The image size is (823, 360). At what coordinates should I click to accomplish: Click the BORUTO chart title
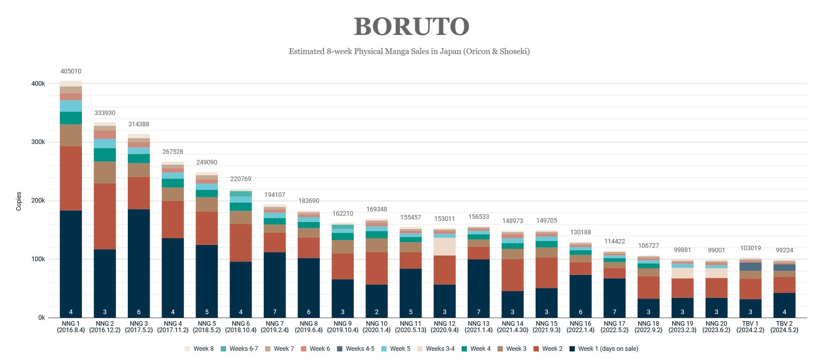point(411,27)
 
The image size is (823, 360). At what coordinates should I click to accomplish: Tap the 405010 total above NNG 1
point(71,72)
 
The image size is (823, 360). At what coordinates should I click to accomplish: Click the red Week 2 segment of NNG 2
point(104,216)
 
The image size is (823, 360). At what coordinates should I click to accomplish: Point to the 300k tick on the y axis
point(39,142)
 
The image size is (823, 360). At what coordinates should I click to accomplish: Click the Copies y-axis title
point(19,201)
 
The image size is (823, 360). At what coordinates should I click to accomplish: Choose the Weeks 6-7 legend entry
point(240,349)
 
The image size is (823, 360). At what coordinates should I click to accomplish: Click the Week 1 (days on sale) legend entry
point(604,349)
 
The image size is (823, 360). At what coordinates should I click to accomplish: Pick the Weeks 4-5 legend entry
point(356,349)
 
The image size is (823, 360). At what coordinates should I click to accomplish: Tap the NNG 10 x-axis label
point(377,327)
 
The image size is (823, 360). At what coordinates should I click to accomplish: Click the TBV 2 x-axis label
point(784,327)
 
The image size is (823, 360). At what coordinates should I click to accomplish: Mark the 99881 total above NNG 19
point(682,250)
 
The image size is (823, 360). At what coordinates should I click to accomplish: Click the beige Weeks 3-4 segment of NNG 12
point(444,246)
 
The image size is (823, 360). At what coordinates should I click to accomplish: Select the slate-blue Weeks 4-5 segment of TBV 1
point(750,267)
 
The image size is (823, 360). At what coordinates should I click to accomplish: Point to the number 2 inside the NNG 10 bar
point(377,312)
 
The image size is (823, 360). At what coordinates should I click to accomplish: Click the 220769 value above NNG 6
point(241,179)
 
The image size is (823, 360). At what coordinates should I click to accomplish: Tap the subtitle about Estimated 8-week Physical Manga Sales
point(409,51)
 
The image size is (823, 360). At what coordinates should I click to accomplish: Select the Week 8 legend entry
point(199,349)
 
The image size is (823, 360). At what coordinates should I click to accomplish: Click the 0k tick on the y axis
point(41,318)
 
